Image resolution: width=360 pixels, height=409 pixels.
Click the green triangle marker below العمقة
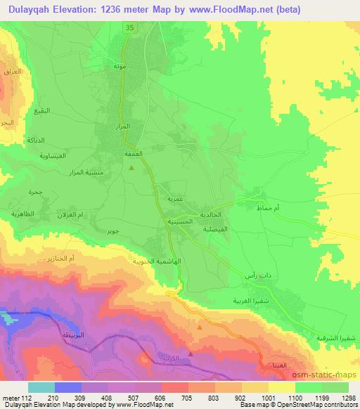[131, 167]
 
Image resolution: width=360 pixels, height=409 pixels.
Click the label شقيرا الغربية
[253, 300]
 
